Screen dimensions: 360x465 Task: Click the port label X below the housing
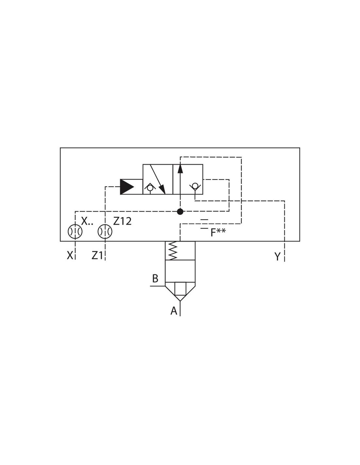click(x=70, y=255)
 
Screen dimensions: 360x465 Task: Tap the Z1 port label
click(x=97, y=255)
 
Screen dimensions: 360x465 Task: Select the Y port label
click(x=277, y=256)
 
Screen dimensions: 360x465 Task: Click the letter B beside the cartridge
click(x=155, y=278)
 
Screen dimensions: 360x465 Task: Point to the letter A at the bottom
click(x=174, y=311)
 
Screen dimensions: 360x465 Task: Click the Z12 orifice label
click(x=122, y=221)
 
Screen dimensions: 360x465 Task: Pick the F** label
click(x=218, y=232)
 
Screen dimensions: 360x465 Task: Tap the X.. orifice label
click(x=87, y=221)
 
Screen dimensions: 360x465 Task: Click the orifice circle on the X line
click(x=75, y=231)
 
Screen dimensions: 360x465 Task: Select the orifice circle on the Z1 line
click(x=105, y=231)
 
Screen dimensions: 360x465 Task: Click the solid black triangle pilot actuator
click(x=127, y=187)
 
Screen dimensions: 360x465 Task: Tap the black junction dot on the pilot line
click(x=180, y=212)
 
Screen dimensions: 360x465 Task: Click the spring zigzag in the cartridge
click(x=173, y=251)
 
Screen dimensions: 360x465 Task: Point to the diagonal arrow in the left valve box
click(x=158, y=179)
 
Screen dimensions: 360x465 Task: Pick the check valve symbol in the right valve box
click(x=195, y=187)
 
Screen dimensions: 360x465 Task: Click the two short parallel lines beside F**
click(x=204, y=224)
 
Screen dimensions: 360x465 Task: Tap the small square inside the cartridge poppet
click(x=180, y=289)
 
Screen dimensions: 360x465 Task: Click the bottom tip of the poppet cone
click(x=180, y=301)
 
